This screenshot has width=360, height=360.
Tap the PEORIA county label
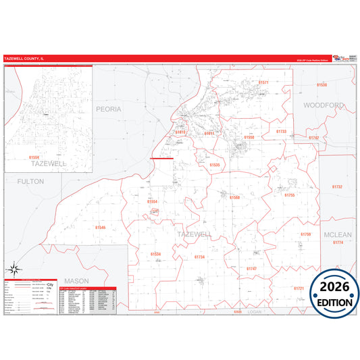coord(108,109)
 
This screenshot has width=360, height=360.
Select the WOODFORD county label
coord(323,105)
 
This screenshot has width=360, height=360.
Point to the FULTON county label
coord(30,181)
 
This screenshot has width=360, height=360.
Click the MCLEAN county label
coord(338,234)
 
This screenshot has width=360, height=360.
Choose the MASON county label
coord(76,280)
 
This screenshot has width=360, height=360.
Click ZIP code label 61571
coord(263,82)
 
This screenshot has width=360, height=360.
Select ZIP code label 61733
coord(282,131)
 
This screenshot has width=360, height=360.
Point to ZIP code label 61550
coord(249,137)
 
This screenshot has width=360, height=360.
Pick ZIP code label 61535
coord(214,165)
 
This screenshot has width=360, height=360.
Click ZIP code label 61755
coord(289,195)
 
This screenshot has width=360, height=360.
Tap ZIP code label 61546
coord(101,228)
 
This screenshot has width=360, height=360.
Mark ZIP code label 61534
coord(155,254)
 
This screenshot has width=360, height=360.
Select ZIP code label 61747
coord(251,268)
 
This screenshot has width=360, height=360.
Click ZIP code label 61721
coord(299,288)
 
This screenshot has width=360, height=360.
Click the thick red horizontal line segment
coord(162,158)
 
